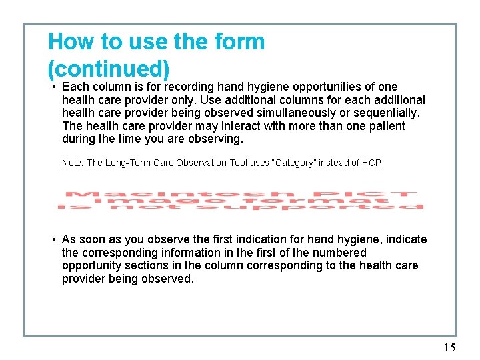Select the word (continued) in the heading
click(109, 69)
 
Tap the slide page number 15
click(449, 347)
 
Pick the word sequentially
click(387, 113)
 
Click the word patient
click(383, 127)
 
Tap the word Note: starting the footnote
click(73, 163)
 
